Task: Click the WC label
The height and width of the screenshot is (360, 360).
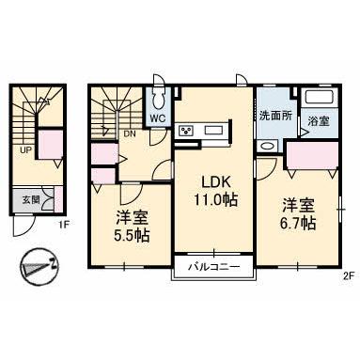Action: (159, 118)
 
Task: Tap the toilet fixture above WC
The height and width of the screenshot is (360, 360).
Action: (159, 98)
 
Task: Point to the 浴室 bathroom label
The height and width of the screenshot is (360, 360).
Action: (318, 120)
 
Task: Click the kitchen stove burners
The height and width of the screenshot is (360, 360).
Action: (188, 130)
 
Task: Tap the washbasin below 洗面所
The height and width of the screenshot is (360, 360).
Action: (268, 145)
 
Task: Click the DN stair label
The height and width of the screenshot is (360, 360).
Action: (128, 134)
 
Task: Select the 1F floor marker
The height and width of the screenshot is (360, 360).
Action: (62, 224)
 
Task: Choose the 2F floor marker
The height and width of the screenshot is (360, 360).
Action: (347, 275)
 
